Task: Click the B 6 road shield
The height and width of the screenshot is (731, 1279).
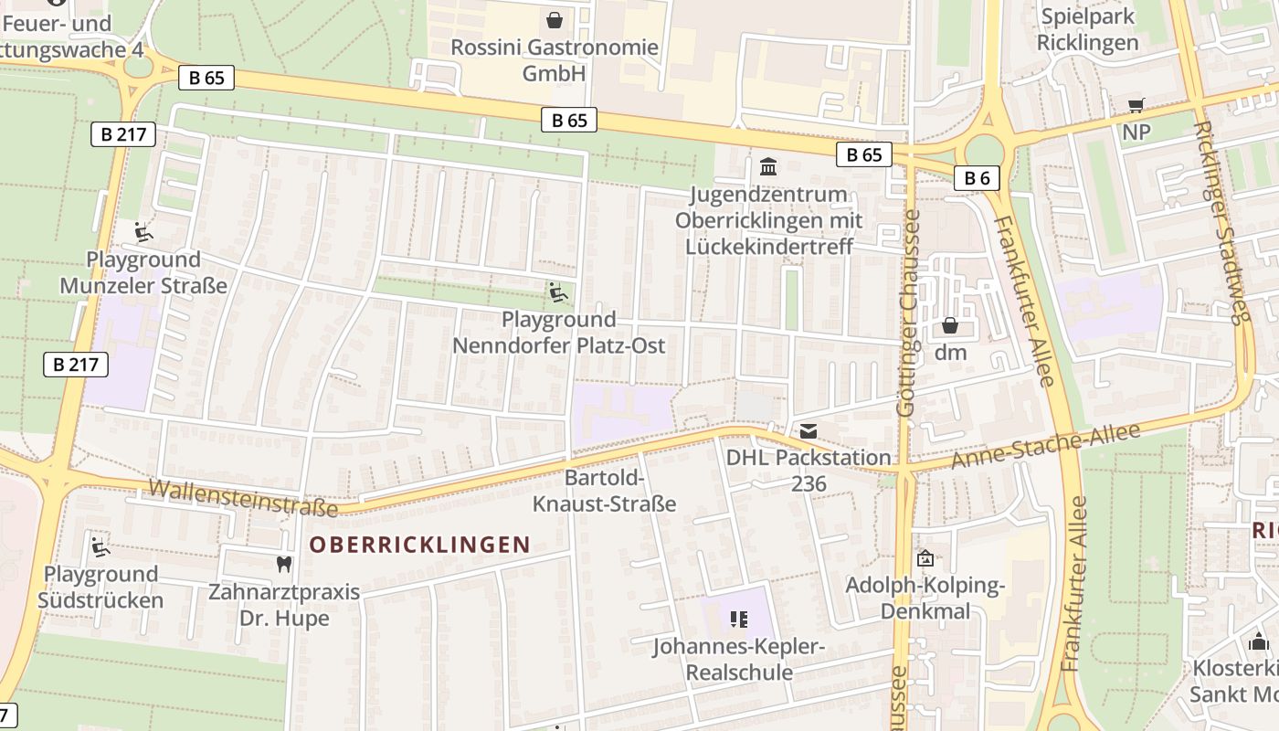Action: pyautogui.click(x=977, y=177)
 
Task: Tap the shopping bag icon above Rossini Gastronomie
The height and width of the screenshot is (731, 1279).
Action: pyautogui.click(x=554, y=19)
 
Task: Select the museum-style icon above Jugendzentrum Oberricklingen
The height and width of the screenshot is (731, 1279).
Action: pyautogui.click(x=768, y=167)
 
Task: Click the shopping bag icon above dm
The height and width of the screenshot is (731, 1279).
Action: pyautogui.click(x=950, y=325)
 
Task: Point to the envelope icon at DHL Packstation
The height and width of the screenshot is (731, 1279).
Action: pyautogui.click(x=809, y=431)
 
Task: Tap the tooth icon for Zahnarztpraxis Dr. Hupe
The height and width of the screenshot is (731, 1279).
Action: pyautogui.click(x=284, y=564)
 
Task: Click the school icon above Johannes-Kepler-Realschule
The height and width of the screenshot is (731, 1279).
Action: pyautogui.click(x=738, y=620)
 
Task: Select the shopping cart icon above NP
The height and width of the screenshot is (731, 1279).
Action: pyautogui.click(x=1136, y=106)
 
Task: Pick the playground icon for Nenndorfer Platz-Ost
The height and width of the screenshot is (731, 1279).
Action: pyautogui.click(x=558, y=292)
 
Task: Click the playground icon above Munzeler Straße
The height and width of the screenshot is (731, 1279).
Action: pyautogui.click(x=143, y=232)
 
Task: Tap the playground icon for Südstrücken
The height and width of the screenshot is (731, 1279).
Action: pyautogui.click(x=100, y=547)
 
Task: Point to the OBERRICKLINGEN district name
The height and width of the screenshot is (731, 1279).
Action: pyautogui.click(x=419, y=546)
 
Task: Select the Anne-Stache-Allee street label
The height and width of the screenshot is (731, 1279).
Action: pyautogui.click(x=1046, y=447)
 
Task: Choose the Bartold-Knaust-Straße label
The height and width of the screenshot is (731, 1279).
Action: pyautogui.click(x=604, y=492)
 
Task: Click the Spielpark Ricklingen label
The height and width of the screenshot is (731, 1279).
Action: pyautogui.click(x=1088, y=29)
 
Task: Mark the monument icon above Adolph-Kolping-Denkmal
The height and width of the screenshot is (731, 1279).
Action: pyautogui.click(x=925, y=557)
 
